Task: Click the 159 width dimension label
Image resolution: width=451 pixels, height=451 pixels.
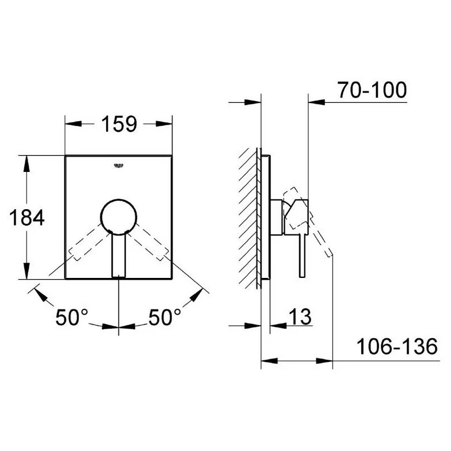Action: coord(119,123)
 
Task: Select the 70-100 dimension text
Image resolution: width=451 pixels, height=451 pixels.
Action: coord(372,90)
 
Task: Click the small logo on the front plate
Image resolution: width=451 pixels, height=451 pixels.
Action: coord(118,165)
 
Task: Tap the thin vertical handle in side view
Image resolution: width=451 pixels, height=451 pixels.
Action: coord(302,254)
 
